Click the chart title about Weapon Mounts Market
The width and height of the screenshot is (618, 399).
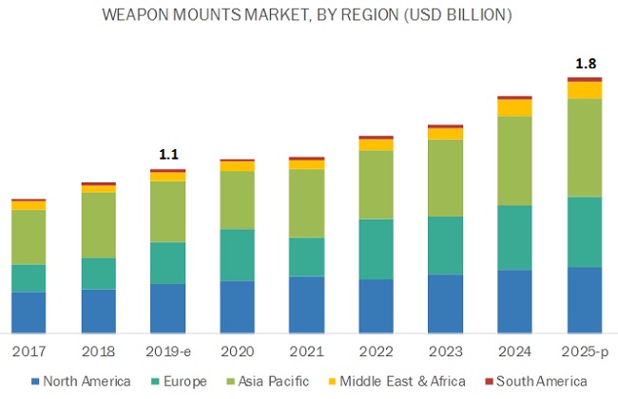(309, 16)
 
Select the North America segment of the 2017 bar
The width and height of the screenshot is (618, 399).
(29, 313)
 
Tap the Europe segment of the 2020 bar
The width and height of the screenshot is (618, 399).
(237, 255)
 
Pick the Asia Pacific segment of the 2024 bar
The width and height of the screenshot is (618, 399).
(514, 161)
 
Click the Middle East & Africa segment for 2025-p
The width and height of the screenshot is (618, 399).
(585, 90)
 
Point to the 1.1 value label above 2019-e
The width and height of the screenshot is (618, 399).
(168, 154)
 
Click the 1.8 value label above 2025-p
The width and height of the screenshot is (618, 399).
(585, 65)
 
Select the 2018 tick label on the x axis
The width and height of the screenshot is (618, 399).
(98, 351)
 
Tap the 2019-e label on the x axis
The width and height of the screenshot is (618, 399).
(168, 351)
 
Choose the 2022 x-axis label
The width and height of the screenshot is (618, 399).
(376, 351)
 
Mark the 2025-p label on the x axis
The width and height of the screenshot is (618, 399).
(585, 351)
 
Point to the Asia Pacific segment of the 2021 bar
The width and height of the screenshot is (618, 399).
(306, 203)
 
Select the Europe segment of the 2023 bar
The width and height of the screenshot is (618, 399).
(445, 245)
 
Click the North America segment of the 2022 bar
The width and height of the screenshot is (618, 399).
(376, 306)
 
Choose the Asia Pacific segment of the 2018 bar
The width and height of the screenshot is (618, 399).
(98, 225)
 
